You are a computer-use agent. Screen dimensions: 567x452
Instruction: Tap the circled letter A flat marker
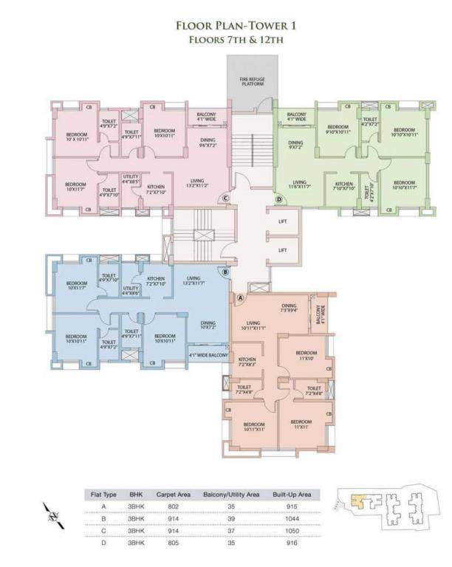point(240,298)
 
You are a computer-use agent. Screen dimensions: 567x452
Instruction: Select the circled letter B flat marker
point(225,272)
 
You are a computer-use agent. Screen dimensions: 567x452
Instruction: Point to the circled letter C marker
point(226,199)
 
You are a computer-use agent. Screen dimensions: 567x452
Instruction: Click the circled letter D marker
point(278,199)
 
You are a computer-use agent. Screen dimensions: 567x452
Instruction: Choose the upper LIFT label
point(282,222)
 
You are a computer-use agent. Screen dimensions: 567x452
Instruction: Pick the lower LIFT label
point(282,250)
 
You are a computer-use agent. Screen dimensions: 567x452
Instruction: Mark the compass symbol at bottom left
point(51,513)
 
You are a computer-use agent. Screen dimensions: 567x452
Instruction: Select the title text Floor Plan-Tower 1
point(225,27)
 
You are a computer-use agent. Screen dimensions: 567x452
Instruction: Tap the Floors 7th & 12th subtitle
point(225,41)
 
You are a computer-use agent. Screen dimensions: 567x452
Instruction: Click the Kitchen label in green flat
point(344,186)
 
